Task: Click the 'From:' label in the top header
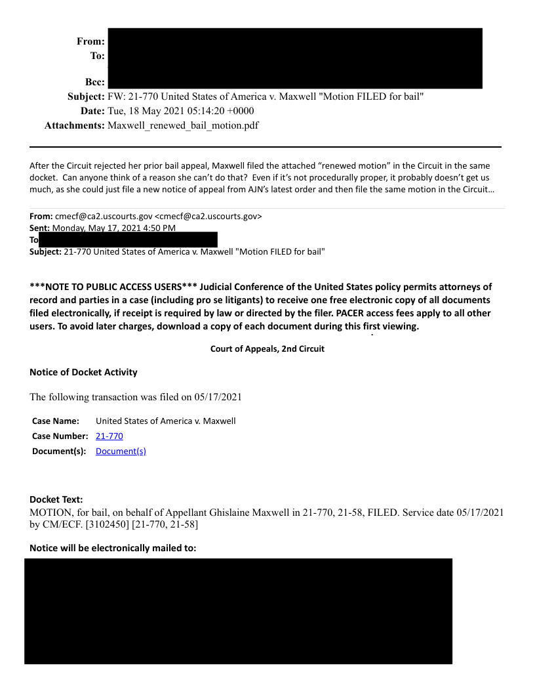coord(90,41)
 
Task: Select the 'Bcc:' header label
coord(95,83)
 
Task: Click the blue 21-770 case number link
coord(109,436)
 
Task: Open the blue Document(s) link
coord(121,451)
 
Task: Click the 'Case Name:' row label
coord(56,421)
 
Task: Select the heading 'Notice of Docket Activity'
coord(83,372)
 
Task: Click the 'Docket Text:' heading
coord(56,499)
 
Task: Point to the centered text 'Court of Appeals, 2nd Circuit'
coord(267,348)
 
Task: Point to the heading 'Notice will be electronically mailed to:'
coord(113,548)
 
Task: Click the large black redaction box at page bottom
coord(238,611)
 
